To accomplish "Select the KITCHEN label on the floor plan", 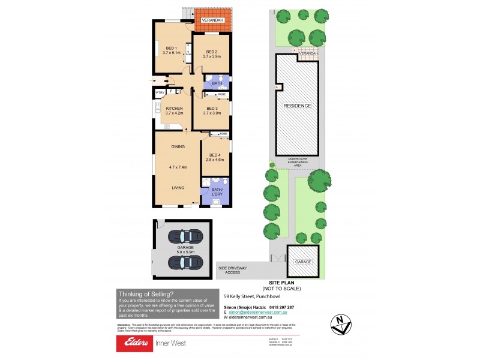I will [x=174, y=109].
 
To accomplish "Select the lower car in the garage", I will [x=182, y=262].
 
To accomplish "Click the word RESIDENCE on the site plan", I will [x=297, y=106].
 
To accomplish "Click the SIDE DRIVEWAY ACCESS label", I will [x=232, y=270].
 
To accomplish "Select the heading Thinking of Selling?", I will [x=147, y=293].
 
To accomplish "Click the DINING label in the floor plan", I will [x=178, y=146].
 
